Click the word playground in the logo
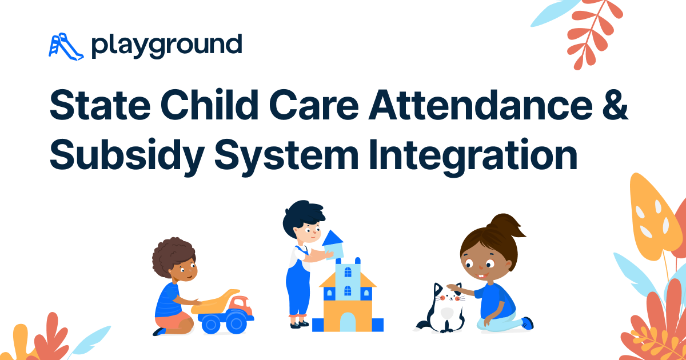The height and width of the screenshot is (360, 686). click(166, 46)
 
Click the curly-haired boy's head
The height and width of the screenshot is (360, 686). click(175, 260)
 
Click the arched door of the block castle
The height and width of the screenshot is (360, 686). click(348, 321)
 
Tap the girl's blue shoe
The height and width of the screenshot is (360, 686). click(527, 323)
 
